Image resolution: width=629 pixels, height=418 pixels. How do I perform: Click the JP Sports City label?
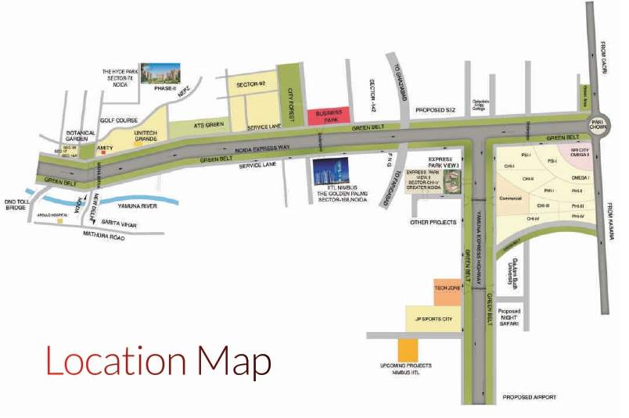(x=433, y=319)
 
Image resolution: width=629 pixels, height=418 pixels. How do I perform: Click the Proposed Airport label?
(x=529, y=398)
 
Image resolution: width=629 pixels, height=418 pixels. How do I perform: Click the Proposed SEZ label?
(x=436, y=111)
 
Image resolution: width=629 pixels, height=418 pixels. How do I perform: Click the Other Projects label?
(x=433, y=223)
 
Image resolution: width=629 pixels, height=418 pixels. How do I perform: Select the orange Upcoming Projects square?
(x=408, y=349)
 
